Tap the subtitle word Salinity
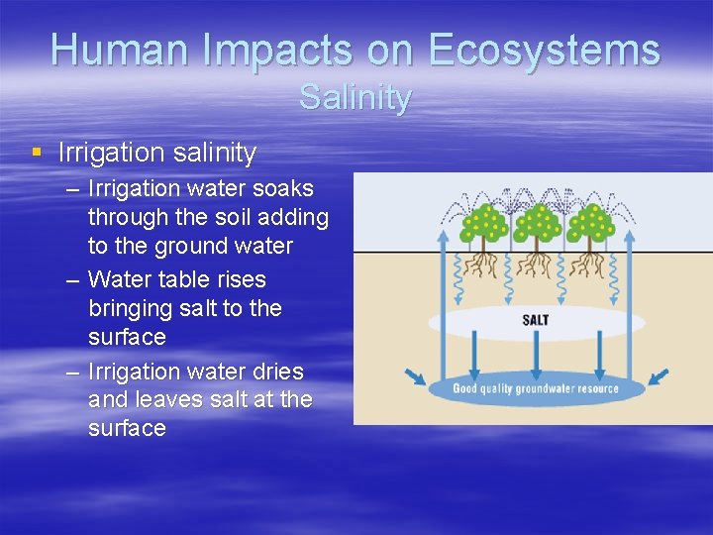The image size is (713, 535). [356, 98]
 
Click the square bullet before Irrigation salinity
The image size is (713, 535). [37, 153]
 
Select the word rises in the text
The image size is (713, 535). [240, 279]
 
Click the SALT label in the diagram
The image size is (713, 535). [536, 320]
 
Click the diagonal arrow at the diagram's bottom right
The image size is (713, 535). [658, 376]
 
